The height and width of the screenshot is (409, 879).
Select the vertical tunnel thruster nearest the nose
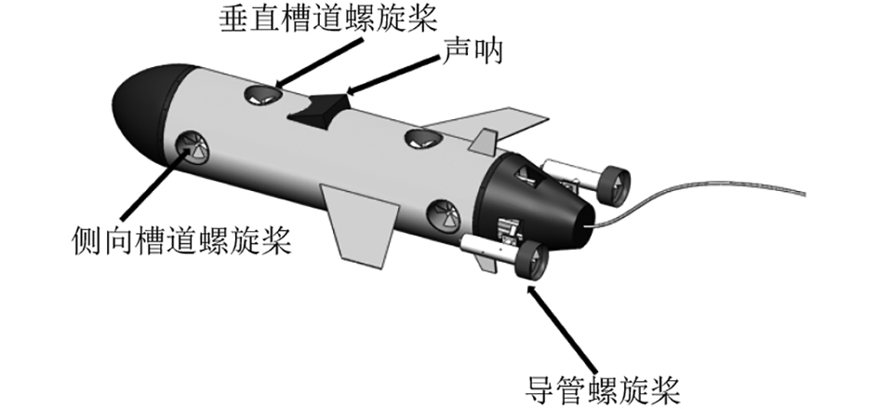coord(262,92)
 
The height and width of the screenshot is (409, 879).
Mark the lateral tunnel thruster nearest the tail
coord(442,215)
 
